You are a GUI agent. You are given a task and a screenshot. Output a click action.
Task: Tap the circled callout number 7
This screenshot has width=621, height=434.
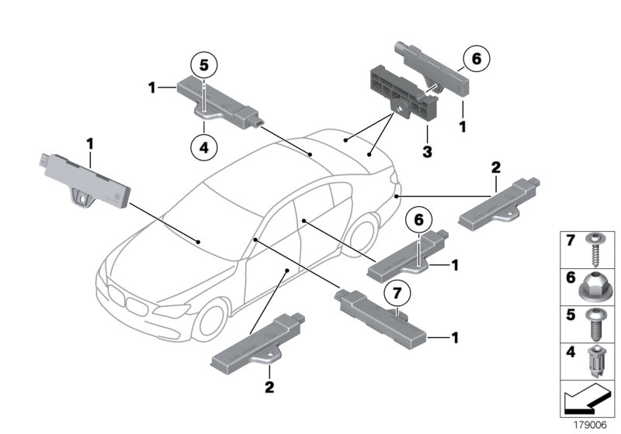397,294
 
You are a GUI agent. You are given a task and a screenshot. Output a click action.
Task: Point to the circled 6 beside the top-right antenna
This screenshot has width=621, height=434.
476,59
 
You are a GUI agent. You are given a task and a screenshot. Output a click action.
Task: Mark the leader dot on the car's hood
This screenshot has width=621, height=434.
199,242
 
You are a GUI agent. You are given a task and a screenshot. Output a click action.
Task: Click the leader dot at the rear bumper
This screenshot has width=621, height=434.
397,197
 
